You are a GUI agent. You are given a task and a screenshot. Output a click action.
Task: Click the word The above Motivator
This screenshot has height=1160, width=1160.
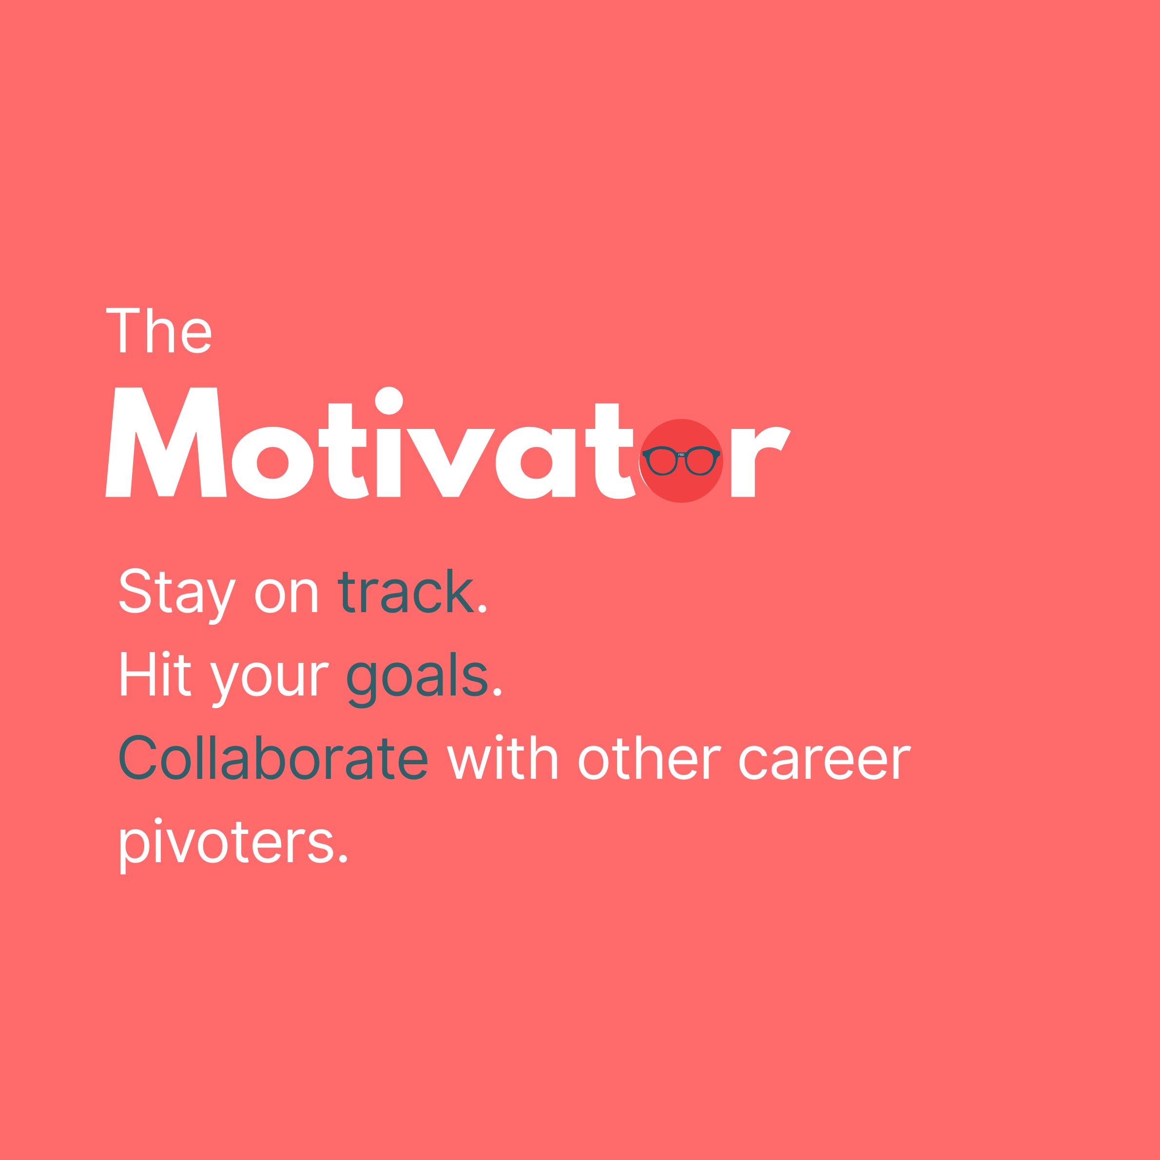coord(158,330)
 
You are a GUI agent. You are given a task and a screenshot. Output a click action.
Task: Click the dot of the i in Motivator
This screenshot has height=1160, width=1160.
coord(388,401)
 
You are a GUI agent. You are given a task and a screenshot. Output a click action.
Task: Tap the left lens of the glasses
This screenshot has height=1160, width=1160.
coord(662,462)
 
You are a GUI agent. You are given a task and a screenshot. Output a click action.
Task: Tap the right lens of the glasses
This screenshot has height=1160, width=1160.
coord(700,462)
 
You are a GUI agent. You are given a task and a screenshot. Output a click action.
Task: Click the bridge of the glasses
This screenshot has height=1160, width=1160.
coord(681,455)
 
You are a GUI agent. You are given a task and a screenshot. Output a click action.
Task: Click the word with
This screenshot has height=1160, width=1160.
coord(503,758)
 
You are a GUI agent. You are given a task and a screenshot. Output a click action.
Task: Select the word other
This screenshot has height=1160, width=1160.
coord(650,758)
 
